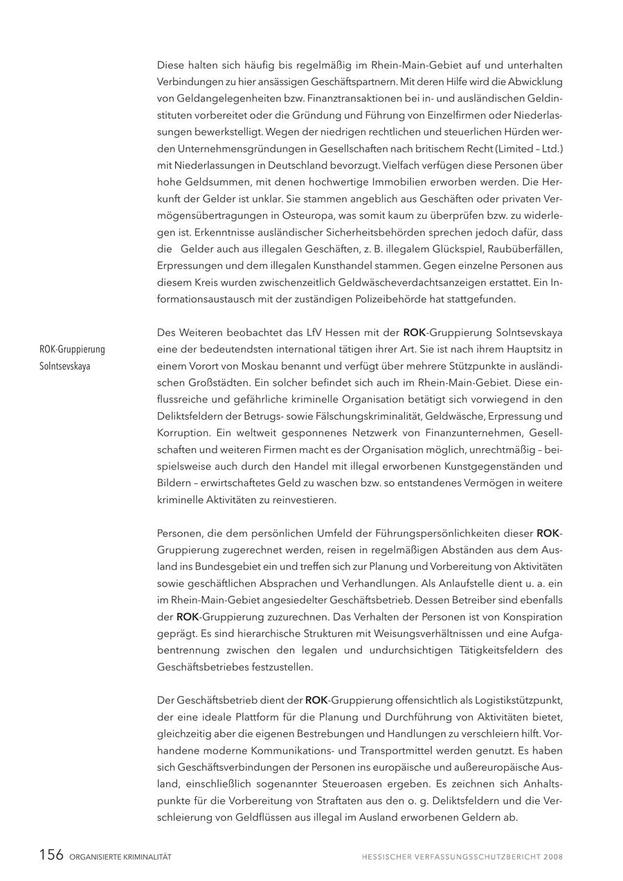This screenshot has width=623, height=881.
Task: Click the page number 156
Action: pos(51,855)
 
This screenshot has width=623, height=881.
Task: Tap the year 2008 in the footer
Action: pos(553,857)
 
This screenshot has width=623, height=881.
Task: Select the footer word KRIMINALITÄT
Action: pos(147,857)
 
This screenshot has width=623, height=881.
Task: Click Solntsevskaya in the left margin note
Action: pos(65,366)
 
